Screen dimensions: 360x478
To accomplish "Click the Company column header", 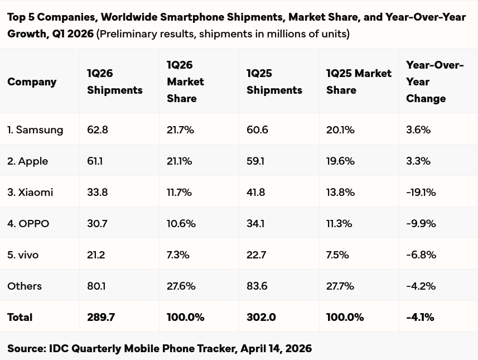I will (x=32, y=81).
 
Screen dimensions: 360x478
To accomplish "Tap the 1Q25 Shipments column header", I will (x=274, y=81).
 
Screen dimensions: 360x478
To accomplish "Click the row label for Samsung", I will (x=35, y=129).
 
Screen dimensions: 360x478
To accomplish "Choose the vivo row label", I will (x=23, y=255).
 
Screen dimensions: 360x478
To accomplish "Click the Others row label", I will (x=25, y=286).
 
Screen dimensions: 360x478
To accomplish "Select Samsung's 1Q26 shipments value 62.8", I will (x=98, y=129).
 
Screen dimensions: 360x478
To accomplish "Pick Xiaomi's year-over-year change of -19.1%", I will (x=421, y=192).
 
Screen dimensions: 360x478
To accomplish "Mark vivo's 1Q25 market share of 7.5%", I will (x=337, y=255).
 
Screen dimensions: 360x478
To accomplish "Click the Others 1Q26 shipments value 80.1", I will (x=96, y=286).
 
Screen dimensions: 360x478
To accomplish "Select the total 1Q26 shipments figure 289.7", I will (x=101, y=317).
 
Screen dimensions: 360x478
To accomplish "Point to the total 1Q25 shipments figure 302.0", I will (x=261, y=317).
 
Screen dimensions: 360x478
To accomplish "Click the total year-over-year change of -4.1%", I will (x=420, y=317).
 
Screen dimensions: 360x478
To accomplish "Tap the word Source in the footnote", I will (x=26, y=348).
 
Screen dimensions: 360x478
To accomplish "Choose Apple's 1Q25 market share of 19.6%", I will (x=340, y=161).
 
